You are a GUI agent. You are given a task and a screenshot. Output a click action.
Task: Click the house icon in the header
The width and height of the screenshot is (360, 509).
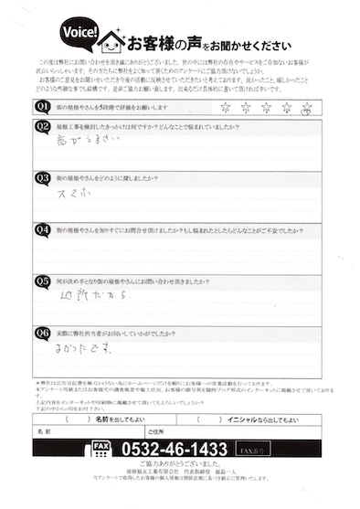click(x=111, y=41)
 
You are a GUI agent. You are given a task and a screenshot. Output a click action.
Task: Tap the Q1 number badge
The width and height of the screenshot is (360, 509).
click(x=42, y=108)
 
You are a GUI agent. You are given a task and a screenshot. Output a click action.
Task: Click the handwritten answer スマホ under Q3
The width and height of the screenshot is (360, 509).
click(x=75, y=195)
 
